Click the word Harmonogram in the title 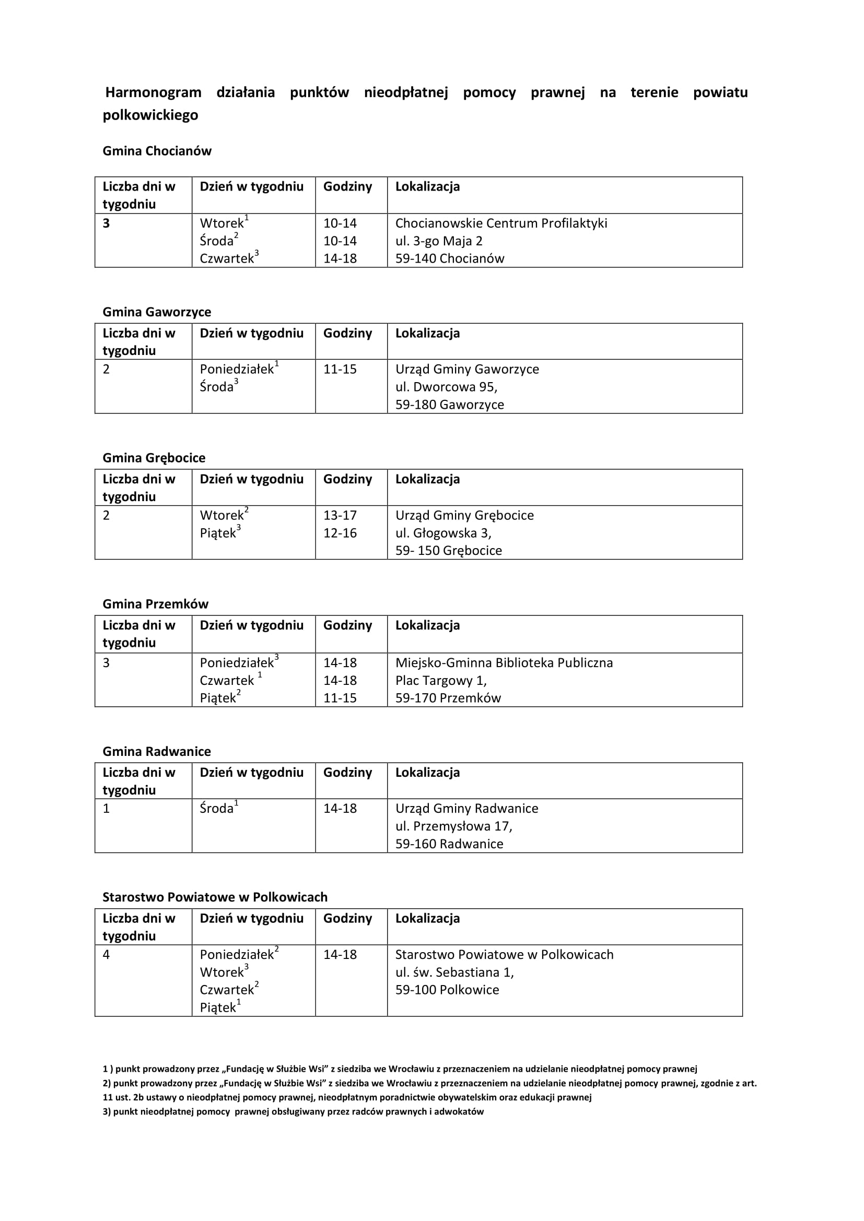point(153,92)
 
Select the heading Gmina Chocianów point(157,151)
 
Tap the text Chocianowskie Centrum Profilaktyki point(500,223)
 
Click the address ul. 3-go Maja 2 point(438,241)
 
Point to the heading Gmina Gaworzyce point(157,312)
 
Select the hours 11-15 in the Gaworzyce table point(340,369)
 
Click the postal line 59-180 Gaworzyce point(450,405)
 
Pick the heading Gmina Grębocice point(154,458)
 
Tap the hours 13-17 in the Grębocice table point(340,515)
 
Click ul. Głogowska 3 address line point(443,533)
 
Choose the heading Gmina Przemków point(155,604)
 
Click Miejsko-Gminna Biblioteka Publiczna point(504,662)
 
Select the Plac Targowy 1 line point(440,681)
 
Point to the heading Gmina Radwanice point(156,751)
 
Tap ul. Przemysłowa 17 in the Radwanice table point(453,826)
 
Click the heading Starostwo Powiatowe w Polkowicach point(215,897)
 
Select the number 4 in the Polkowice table point(107,955)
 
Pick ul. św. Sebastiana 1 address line point(454,972)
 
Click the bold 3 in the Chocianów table point(107,223)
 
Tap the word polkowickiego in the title point(150,115)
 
